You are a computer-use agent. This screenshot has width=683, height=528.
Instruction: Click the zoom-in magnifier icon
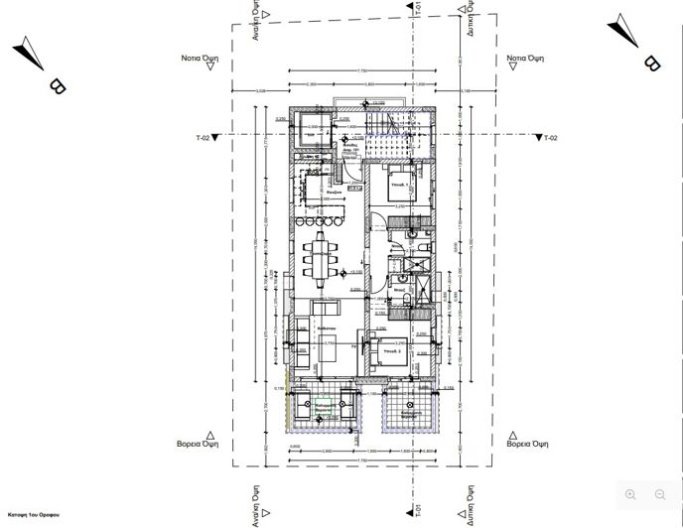click(x=630, y=493)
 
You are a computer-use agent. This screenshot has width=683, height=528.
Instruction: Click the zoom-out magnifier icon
click(x=660, y=493)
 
